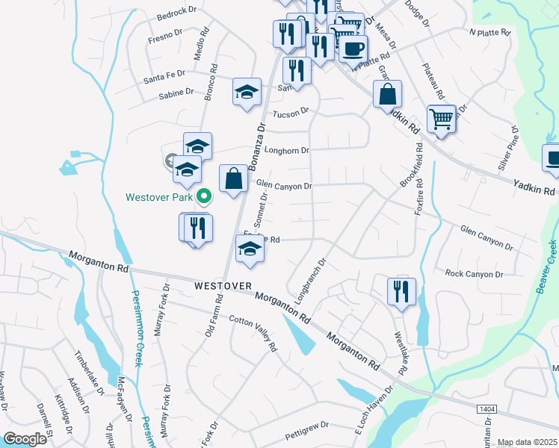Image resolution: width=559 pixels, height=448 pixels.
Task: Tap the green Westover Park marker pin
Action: [x=203, y=197]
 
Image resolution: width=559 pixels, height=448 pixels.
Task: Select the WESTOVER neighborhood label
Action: [x=223, y=286]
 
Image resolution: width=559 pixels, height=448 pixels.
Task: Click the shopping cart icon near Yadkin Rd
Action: [x=442, y=118]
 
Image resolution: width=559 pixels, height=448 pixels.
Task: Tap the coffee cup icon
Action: [x=353, y=49]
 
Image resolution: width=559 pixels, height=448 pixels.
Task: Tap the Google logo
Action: [x=25, y=439]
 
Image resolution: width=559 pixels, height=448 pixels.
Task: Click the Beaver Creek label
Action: [x=546, y=267]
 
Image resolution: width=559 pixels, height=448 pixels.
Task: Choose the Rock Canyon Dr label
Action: [x=474, y=274]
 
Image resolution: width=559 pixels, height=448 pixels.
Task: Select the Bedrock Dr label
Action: [x=177, y=16]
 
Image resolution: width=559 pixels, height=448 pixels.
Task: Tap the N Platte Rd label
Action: [x=489, y=33]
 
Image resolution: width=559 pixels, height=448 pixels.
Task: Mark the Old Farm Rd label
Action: [x=214, y=316]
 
